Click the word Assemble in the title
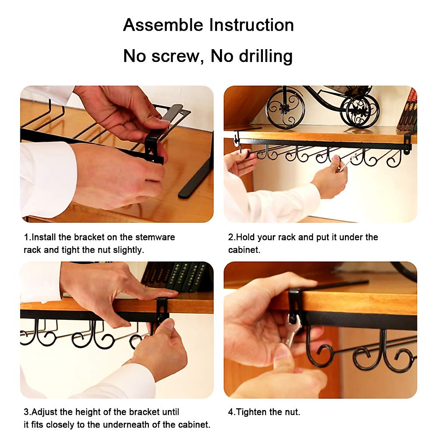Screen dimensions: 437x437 (x=163, y=25)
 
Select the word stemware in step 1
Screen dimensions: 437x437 (x=155, y=237)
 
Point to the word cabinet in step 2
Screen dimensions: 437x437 (x=244, y=250)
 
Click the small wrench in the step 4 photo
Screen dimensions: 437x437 (x=292, y=331)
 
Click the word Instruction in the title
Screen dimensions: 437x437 (x=251, y=25)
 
